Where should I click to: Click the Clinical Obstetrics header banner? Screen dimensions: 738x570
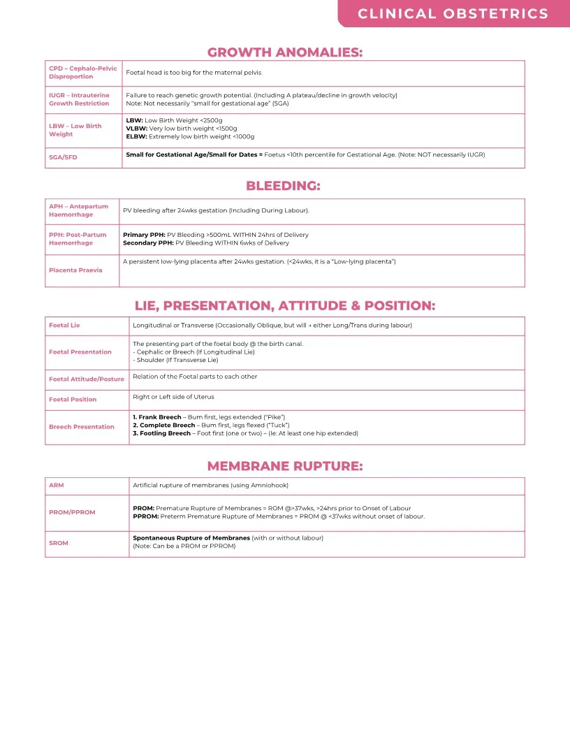tap(453, 14)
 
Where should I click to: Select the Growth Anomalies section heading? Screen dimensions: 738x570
tap(285, 52)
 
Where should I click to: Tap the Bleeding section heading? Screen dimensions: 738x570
tap(283, 186)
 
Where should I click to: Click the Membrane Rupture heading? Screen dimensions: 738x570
tap(285, 466)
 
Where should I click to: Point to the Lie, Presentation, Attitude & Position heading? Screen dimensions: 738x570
tap(285, 306)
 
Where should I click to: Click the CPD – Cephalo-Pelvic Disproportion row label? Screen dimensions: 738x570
tap(83, 73)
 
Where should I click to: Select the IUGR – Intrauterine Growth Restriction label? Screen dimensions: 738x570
tap(79, 99)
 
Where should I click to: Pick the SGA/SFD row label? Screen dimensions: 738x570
tap(63, 157)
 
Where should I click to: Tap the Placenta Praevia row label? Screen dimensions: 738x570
tap(75, 270)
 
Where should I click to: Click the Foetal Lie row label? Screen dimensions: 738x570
tap(64, 326)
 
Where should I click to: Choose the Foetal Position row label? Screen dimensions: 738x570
tap(73, 400)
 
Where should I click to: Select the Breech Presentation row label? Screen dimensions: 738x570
tap(82, 427)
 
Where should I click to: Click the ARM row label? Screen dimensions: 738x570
tap(57, 485)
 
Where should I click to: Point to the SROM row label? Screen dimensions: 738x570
tap(59, 543)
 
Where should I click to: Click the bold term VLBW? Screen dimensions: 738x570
tap(136, 129)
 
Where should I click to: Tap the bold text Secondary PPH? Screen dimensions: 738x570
tap(148, 243)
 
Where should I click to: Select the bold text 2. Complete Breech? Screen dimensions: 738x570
tap(164, 425)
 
